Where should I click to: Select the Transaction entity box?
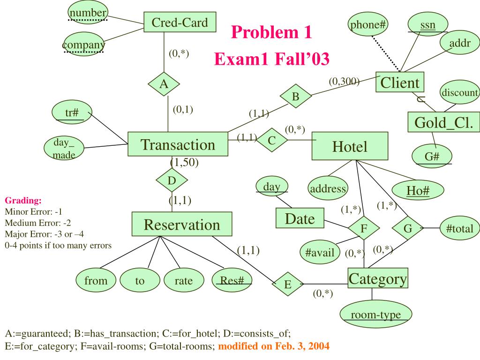click(178, 145)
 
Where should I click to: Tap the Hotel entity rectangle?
click(350, 147)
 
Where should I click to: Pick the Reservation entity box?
click(181, 225)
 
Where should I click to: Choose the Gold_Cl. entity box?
click(443, 123)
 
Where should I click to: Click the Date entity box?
click(300, 218)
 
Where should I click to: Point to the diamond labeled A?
click(164, 84)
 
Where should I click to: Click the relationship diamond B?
click(295, 97)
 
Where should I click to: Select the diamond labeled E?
click(288, 284)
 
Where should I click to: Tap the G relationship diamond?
click(407, 229)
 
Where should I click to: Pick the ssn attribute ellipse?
click(427, 25)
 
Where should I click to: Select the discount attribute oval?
click(459, 92)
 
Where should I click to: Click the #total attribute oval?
click(459, 229)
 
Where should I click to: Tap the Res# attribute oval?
click(232, 281)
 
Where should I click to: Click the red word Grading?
click(23, 201)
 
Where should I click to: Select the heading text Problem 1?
click(271, 33)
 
